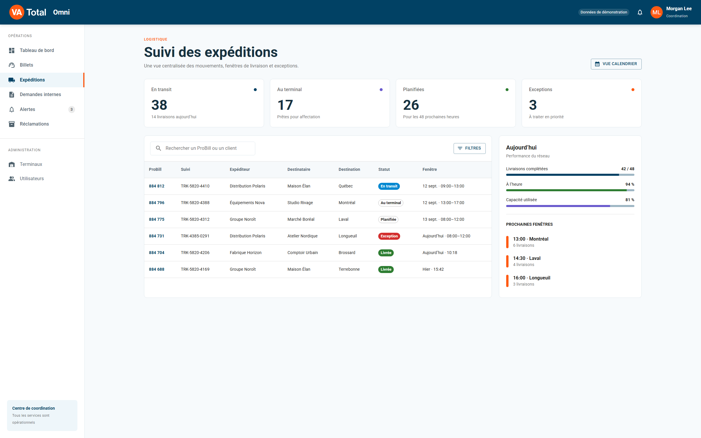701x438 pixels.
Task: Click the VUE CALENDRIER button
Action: (616, 64)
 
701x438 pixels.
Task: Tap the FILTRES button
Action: (469, 148)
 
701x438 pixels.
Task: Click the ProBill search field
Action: (202, 148)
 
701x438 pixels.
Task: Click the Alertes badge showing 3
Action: (72, 109)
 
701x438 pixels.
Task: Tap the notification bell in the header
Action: (640, 12)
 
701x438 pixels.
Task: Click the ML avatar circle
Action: (656, 12)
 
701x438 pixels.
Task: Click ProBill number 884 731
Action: (157, 236)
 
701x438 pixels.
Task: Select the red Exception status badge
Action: (389, 236)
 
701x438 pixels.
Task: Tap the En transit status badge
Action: (389, 186)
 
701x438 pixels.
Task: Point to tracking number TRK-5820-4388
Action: (195, 203)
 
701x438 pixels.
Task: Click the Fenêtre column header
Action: (429, 169)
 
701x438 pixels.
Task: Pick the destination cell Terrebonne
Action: (349, 269)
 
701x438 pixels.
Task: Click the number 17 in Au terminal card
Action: (285, 105)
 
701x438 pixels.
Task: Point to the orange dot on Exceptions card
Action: (633, 90)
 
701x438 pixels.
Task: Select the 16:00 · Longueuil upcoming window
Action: (532, 281)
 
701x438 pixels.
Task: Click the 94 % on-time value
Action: (630, 184)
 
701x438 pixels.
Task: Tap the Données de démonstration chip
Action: (604, 12)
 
